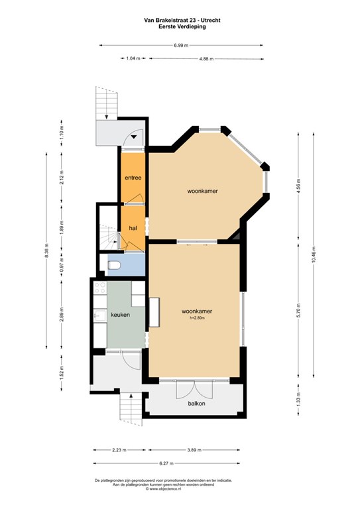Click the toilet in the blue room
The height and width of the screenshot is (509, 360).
pos(114,265)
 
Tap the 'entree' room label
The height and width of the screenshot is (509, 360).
pos(133,178)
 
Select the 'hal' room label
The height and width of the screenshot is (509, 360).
pos(133,228)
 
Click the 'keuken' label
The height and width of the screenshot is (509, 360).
pos(121,315)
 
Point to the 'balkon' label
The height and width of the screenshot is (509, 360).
pos(196,404)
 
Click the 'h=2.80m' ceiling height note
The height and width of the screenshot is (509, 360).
pos(197,318)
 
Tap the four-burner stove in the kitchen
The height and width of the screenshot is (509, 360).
pos(100,288)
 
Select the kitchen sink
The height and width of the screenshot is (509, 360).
pos(100,315)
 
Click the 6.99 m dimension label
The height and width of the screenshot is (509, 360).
pos(181,46)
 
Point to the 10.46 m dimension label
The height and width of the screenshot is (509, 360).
pos(314,254)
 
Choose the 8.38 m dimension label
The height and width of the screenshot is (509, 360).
pos(47,251)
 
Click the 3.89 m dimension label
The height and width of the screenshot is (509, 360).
pos(194,450)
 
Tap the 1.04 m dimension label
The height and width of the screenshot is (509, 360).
pos(133,58)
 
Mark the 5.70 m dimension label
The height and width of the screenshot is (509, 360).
pos(298,310)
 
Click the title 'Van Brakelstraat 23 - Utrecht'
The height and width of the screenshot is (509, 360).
pos(182,20)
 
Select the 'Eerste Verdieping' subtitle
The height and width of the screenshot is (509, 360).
pos(182,27)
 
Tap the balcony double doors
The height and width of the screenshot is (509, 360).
pos(194,389)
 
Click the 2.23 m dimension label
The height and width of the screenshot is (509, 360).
pos(119,450)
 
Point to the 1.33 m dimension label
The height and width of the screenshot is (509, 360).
pos(298,399)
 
